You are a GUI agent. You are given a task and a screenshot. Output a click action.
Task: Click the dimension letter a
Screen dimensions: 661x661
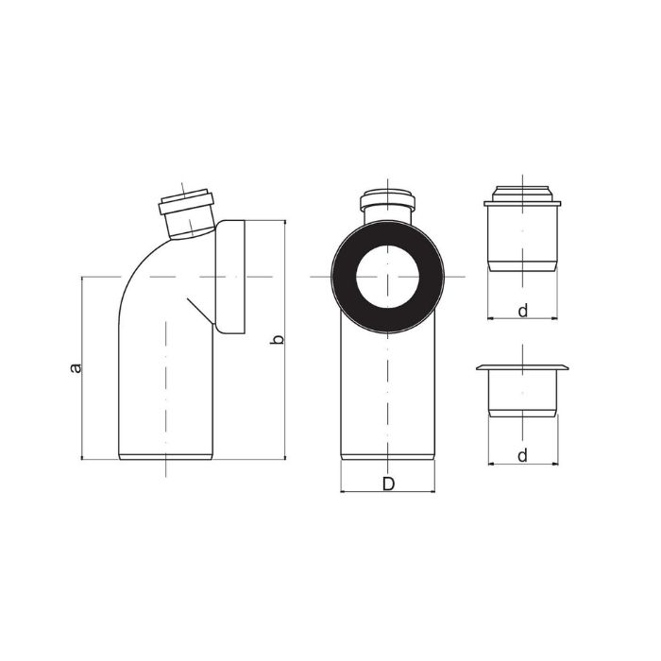[x=75, y=367]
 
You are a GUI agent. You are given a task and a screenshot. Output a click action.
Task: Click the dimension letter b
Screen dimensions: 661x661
[x=277, y=338]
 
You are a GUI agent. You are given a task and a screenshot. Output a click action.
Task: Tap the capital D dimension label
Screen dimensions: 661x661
[x=388, y=483]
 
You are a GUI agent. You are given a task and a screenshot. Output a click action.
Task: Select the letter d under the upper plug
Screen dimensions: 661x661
[x=523, y=311]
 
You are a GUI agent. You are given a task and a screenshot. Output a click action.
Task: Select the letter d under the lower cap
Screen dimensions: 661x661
[x=523, y=456]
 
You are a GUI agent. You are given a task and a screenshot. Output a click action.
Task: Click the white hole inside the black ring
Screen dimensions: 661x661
[x=387, y=277]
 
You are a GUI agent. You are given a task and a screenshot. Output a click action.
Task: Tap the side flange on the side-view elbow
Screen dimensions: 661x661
[x=230, y=277]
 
